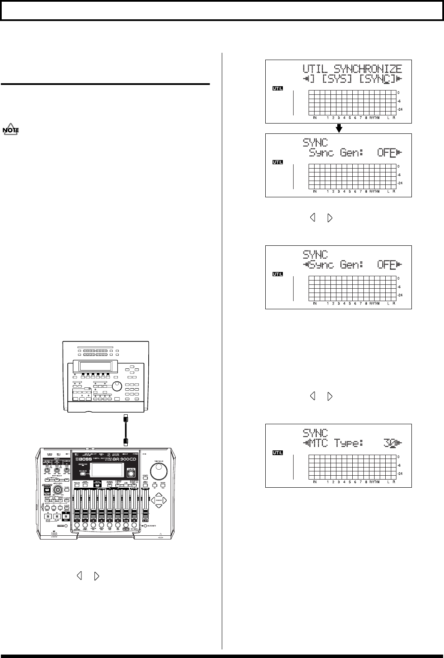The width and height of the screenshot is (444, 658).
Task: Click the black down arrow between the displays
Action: click(339, 128)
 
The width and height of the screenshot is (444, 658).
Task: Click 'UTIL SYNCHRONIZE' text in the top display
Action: click(352, 69)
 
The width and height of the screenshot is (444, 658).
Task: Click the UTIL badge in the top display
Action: click(279, 89)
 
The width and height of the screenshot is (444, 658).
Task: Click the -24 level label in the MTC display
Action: click(401, 474)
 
